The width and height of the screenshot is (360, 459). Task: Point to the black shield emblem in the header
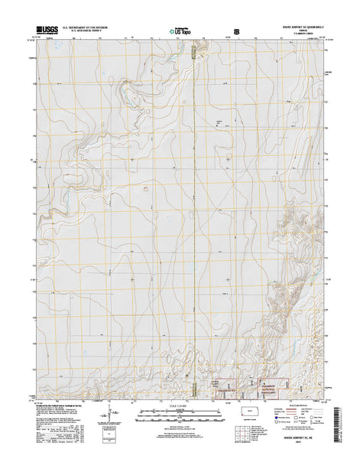(237, 31)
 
